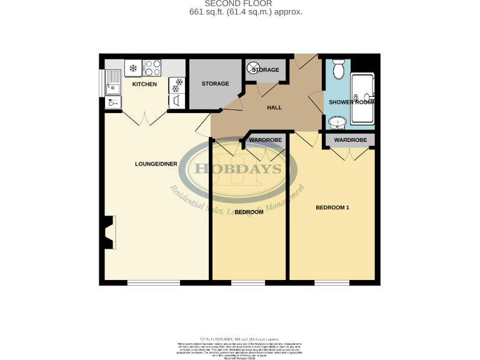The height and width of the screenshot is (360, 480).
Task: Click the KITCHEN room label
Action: click(x=144, y=84)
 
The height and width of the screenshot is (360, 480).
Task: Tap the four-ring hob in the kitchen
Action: click(x=152, y=67)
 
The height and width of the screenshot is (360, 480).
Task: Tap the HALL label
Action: click(x=274, y=107)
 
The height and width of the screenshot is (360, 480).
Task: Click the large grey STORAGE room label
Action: click(x=215, y=84)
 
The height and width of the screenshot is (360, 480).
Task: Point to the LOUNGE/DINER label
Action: click(x=156, y=164)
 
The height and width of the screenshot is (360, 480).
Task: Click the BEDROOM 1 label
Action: click(x=332, y=207)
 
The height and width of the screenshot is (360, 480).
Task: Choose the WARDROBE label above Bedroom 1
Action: click(x=350, y=140)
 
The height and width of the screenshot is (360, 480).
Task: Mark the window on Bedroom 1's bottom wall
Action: click(x=332, y=283)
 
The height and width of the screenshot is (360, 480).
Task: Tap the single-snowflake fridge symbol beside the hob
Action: click(x=133, y=67)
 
